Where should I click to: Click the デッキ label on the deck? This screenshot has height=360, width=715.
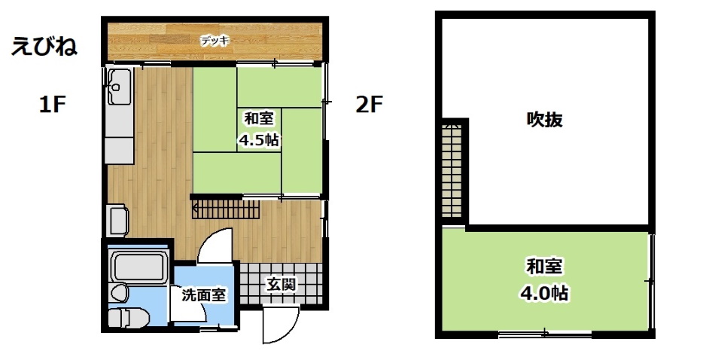coord(215,41)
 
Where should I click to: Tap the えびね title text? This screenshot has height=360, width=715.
coord(44,47)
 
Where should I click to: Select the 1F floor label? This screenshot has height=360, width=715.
coord(53,105)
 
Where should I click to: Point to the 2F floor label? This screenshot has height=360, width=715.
coord(369,105)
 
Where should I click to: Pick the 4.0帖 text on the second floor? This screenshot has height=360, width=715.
coord(544,292)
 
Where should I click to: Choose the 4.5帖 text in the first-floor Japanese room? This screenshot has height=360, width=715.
coord(259,139)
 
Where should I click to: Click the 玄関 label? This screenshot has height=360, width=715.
coord(281,285)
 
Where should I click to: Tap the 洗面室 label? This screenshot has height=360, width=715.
coord(203,295)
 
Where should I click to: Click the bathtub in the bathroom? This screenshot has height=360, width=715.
coord(138,267)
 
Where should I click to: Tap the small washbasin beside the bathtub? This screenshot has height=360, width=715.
coord(120,292)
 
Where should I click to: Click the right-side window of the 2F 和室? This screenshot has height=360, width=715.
coord(651,282)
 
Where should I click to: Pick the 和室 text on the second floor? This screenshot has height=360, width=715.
coord(544,267)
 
